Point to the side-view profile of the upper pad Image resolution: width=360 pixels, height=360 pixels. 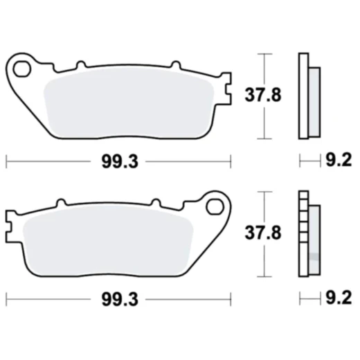(x=308, y=96)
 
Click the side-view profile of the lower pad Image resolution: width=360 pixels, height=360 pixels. (x=308, y=234)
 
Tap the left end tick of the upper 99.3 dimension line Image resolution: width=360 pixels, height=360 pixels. (x=6, y=162)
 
